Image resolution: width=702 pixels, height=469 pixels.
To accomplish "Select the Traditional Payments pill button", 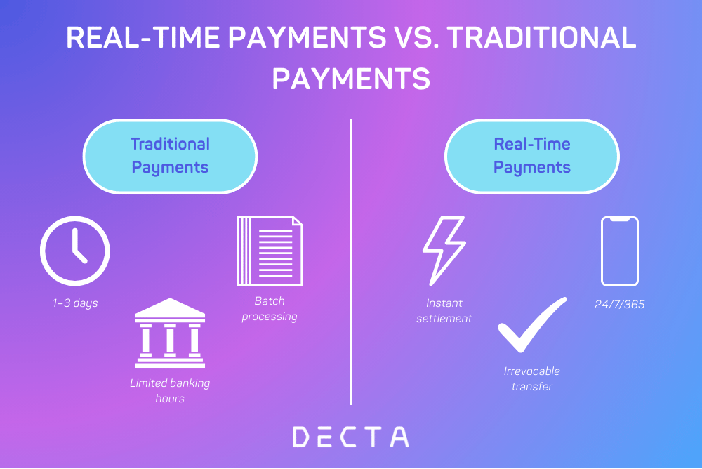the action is tap(170, 157).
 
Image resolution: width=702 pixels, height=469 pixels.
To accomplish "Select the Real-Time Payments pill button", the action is tap(532, 157).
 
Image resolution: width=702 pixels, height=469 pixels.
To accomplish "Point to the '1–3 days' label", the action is tap(75, 303).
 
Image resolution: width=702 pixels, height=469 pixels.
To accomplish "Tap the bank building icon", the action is tap(170, 333).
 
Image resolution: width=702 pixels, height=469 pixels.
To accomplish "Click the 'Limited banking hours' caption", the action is tap(170, 390).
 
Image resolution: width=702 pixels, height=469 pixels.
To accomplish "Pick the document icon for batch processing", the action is tap(270, 251).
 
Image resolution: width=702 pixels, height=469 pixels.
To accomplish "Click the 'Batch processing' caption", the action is tap(270, 309).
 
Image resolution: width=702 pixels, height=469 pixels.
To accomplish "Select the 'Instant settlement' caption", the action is tap(444, 310).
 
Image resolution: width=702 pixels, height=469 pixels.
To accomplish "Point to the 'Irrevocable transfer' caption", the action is tap(532, 378).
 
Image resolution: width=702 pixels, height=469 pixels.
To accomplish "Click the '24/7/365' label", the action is tap(620, 304).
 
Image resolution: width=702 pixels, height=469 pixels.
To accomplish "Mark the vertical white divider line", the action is tap(351, 262).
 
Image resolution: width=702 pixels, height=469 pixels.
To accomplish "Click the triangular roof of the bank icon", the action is tap(170, 308).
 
